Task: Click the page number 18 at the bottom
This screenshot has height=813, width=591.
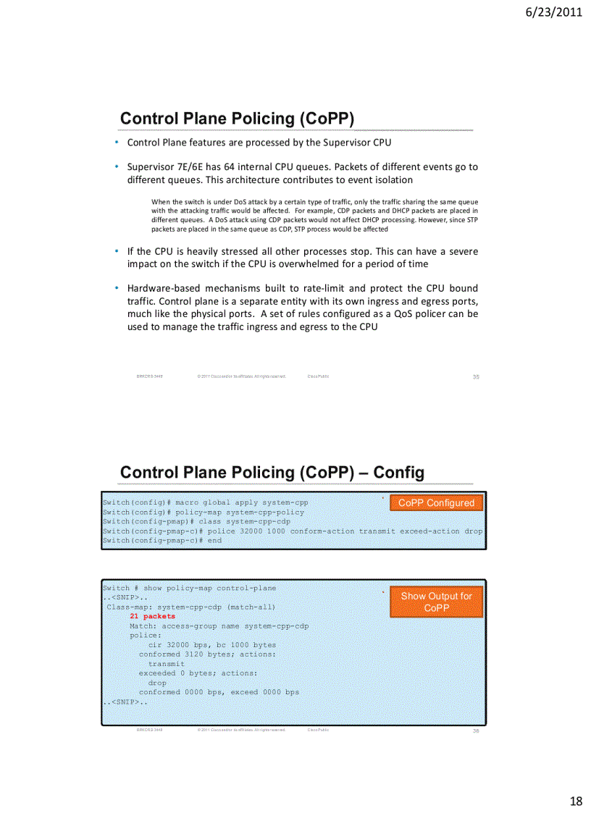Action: coord(576,801)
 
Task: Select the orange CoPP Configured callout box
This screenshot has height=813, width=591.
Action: coord(436,502)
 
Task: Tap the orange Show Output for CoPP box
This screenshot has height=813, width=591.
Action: coord(436,602)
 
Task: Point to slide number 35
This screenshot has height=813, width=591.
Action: coord(476,376)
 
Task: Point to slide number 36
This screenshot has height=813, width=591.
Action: coord(476,730)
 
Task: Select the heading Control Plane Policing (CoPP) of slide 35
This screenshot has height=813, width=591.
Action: coord(237,119)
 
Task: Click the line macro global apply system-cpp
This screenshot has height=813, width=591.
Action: coord(210,502)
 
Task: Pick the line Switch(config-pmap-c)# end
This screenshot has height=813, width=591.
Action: coord(162,540)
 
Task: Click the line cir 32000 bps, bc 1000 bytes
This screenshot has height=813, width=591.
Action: coord(211,644)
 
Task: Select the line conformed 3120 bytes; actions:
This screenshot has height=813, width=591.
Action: coord(206,654)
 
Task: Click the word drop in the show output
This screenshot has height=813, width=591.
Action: coord(156,682)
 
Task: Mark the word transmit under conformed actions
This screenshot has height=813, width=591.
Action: coord(166,663)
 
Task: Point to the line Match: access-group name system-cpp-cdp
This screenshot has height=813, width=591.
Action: coord(219,625)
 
